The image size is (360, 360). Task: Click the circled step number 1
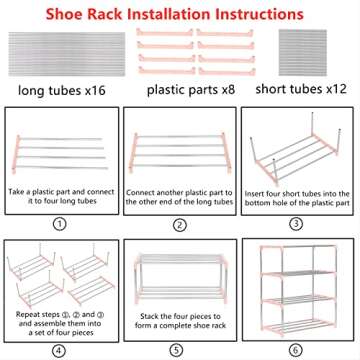click(61, 224)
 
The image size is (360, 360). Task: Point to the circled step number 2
click(179, 224)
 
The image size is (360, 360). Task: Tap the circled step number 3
click(297, 224)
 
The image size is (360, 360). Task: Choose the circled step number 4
click(61, 350)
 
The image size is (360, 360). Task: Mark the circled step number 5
click(179, 350)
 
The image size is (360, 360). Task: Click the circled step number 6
click(297, 350)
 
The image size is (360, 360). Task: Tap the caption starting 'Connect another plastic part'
click(180, 190)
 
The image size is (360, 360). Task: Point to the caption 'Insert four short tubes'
click(298, 190)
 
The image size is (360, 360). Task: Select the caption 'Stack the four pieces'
click(180, 319)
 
